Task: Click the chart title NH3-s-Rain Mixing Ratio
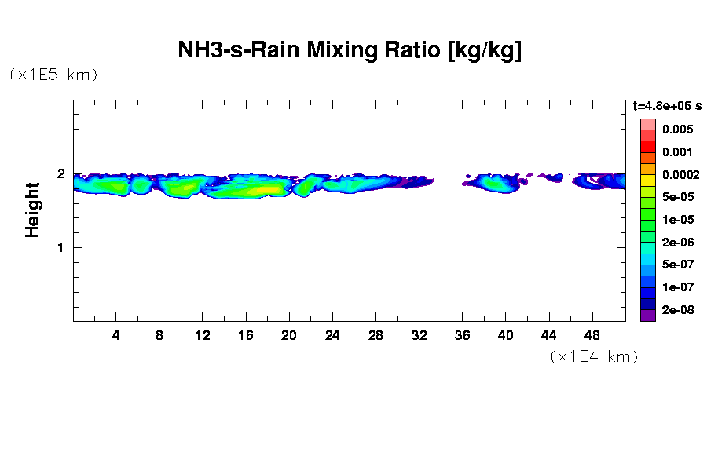pyautogui.click(x=350, y=51)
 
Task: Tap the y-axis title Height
pyautogui.click(x=33, y=210)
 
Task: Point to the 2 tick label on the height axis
pyautogui.click(x=60, y=173)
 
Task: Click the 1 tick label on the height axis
pyautogui.click(x=60, y=247)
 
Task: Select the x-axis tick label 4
pyautogui.click(x=116, y=335)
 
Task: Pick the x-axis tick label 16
pyautogui.click(x=246, y=335)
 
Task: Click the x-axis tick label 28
pyautogui.click(x=375, y=335)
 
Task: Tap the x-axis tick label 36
pyautogui.click(x=462, y=335)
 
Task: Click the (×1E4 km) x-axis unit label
pyautogui.click(x=594, y=356)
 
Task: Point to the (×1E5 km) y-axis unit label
pyautogui.click(x=53, y=75)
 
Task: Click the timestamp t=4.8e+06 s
pyautogui.click(x=667, y=105)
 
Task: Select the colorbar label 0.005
pyautogui.click(x=677, y=130)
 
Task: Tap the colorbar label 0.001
pyautogui.click(x=677, y=152)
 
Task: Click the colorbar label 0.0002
pyautogui.click(x=680, y=174)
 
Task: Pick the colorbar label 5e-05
pyautogui.click(x=677, y=197)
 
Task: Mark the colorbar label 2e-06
pyautogui.click(x=677, y=243)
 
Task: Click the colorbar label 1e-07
pyautogui.click(x=677, y=287)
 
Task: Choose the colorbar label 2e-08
pyautogui.click(x=677, y=310)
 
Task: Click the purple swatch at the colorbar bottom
pyautogui.click(x=647, y=316)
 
